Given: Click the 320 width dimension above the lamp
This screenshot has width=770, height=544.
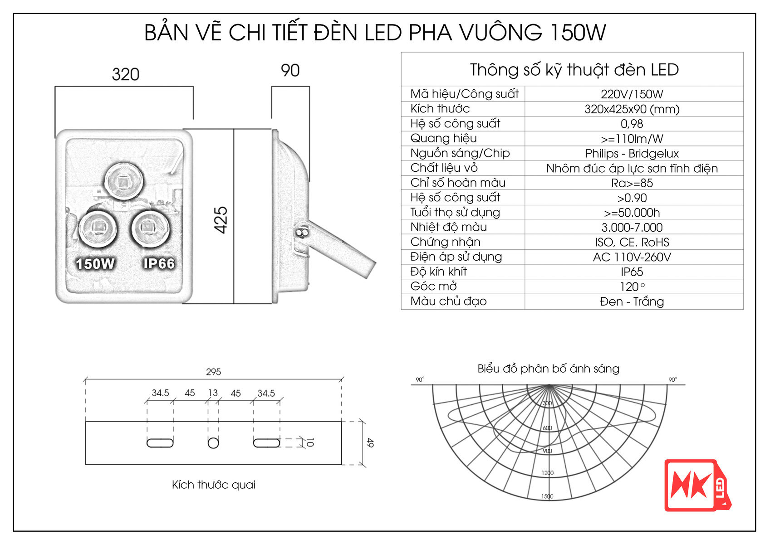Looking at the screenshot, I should pos(126,74).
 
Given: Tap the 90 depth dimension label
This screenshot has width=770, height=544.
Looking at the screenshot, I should pos(290,70).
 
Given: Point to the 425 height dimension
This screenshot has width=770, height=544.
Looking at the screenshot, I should pos(221,220).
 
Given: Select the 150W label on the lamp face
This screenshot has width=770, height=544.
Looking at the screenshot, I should pos(95,264).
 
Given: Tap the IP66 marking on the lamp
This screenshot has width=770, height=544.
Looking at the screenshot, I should pos(159,263).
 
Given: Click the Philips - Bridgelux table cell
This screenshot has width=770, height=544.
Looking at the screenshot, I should pos(632,153).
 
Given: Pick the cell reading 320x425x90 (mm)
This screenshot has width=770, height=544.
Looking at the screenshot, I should pos(632,109).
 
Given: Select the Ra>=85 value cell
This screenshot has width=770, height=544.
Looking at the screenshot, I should pos(632,183).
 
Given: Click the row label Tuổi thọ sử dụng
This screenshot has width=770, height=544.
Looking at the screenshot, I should pos(455,213).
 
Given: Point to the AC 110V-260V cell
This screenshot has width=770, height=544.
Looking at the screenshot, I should pos(632,257).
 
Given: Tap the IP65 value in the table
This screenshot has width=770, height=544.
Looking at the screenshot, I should pos(632,272).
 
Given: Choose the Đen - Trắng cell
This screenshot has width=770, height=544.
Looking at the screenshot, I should pos(632,301).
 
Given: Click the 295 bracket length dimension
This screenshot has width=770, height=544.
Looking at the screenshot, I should pos(213,372).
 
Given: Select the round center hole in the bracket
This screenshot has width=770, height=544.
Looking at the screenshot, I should pos(213,442).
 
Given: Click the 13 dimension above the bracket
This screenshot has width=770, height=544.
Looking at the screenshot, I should pos(213,393).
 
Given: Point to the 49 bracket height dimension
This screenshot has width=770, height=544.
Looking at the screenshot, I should pos(370,442).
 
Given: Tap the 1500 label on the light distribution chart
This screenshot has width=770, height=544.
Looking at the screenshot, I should pos(547,496).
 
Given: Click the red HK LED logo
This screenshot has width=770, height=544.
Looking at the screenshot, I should pos(697,486).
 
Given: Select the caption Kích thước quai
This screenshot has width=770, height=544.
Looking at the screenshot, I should pos(213,485).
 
